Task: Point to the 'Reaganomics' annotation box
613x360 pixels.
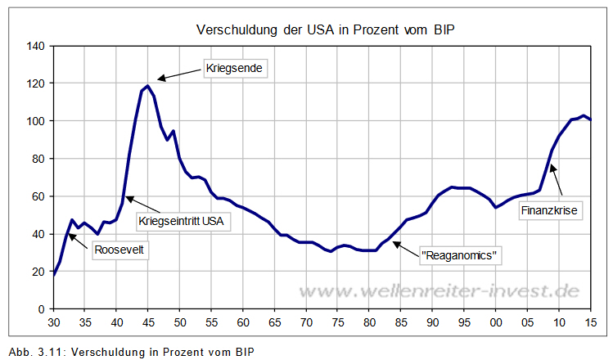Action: tap(459, 256)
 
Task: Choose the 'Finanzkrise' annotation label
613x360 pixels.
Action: tap(550, 210)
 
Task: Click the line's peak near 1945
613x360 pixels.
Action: tap(147, 86)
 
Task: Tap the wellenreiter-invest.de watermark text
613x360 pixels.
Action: tap(438, 290)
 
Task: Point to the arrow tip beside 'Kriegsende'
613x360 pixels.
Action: tap(159, 79)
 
